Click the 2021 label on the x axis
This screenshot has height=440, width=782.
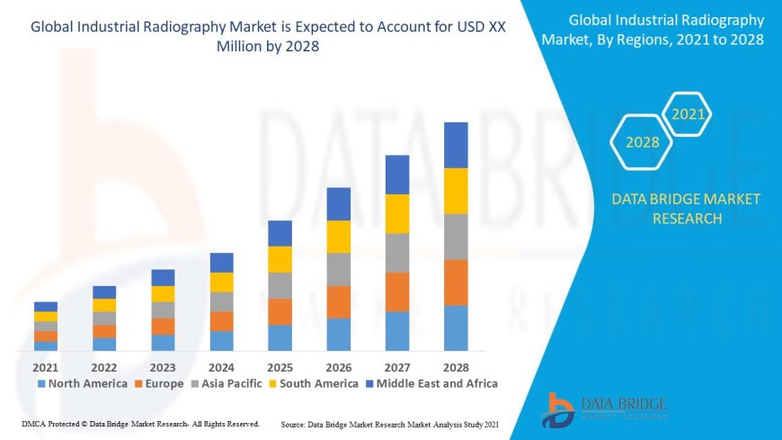click(46, 367)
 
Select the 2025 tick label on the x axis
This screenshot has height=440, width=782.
click(280, 367)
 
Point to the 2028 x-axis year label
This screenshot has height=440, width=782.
click(456, 367)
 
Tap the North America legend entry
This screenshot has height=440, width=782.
click(82, 383)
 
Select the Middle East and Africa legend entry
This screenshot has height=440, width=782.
click(433, 383)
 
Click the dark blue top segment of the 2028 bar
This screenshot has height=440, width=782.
click(456, 145)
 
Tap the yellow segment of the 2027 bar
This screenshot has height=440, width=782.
click(397, 213)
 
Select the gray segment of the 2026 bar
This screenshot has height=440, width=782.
click(338, 269)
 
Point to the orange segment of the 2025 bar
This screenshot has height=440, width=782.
click(280, 311)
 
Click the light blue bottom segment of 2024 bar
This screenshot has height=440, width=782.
click(221, 340)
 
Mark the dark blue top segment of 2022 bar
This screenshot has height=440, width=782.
click(104, 292)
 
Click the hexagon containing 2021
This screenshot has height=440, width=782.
click(688, 114)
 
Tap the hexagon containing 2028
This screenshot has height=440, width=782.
click(642, 142)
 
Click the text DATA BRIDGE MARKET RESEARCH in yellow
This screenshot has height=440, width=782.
click(685, 208)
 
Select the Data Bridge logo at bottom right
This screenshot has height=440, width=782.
click(604, 409)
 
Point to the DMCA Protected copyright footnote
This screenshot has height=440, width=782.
click(139, 423)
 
